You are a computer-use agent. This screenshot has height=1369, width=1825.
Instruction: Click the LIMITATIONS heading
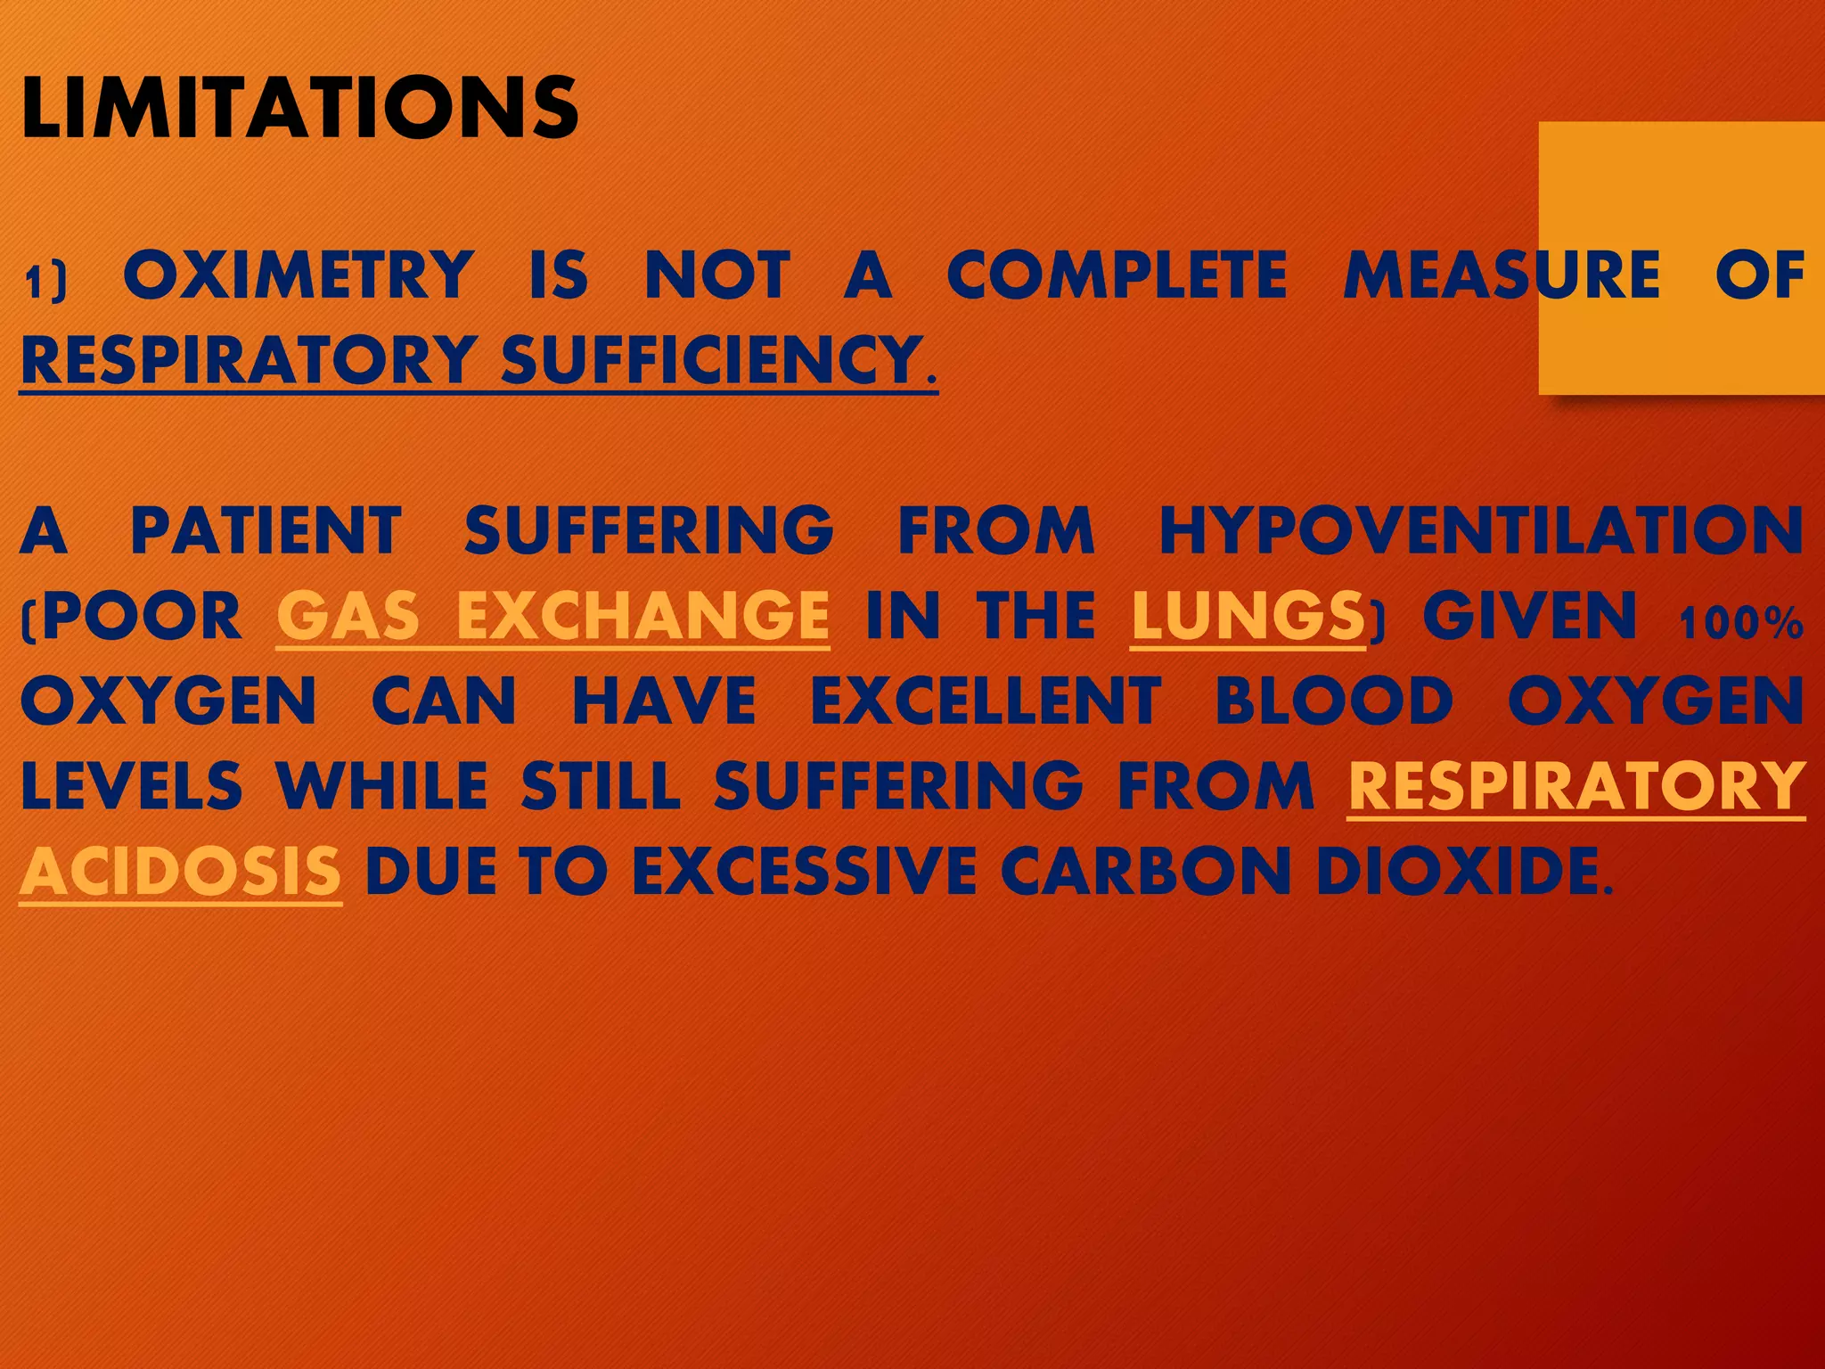coord(299,108)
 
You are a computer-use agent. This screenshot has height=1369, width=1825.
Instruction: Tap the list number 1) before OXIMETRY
coord(45,282)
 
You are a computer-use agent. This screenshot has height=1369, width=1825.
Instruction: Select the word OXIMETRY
coord(299,275)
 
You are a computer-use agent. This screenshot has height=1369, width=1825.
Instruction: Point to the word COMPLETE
coord(1117,275)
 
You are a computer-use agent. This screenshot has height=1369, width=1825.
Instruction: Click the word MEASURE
coord(1502,275)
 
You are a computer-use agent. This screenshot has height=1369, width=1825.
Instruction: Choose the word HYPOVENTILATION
coord(1481,531)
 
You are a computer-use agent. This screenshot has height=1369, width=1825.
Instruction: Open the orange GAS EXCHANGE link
coord(552,617)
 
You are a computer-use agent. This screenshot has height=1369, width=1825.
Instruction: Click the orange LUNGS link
coord(1248,617)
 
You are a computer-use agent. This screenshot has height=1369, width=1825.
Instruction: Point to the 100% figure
coord(1741,624)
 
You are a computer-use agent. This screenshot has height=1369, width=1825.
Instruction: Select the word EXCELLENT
coord(986,701)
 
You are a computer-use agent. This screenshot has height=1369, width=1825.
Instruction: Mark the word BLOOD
coord(1334,701)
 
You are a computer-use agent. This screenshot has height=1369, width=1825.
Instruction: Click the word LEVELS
coord(131,787)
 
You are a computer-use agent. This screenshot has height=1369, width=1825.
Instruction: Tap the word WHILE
coord(381,787)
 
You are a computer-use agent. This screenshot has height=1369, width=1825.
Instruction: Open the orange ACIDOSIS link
coord(180,872)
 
